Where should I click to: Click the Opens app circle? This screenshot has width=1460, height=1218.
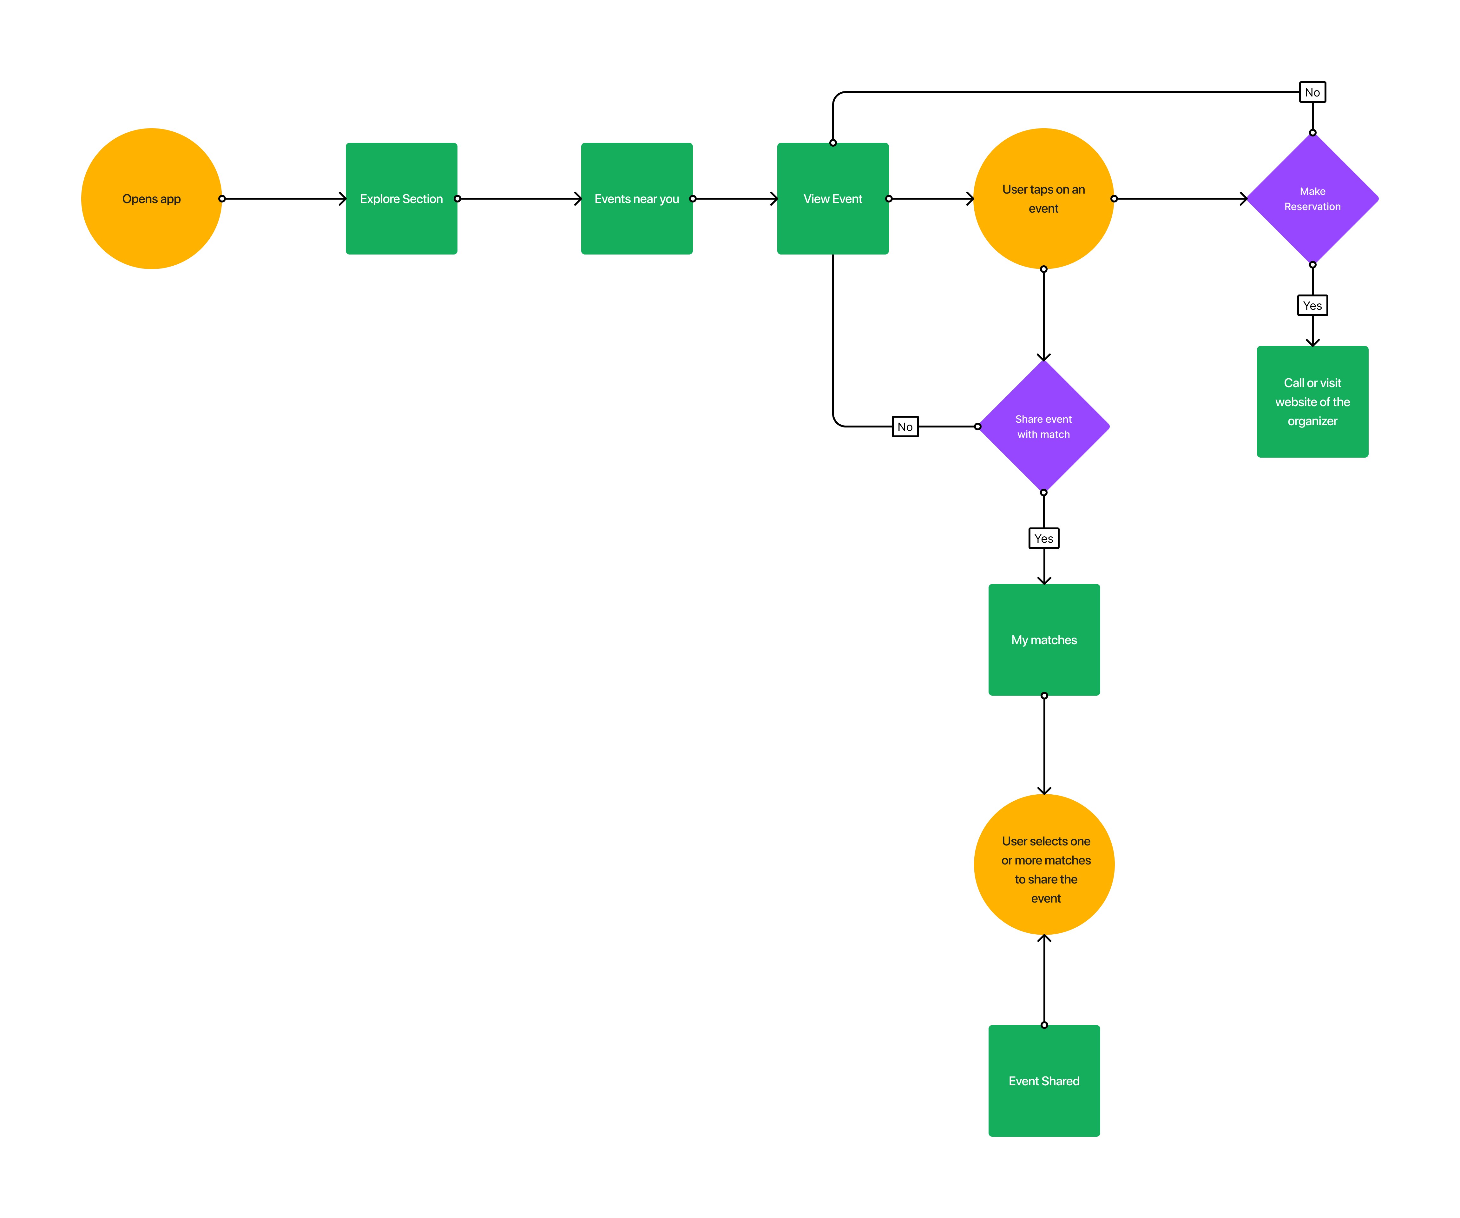click(152, 199)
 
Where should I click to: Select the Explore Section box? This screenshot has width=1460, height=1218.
click(401, 199)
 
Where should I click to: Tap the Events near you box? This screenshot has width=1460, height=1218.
click(637, 199)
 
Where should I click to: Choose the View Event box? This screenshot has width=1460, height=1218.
click(833, 199)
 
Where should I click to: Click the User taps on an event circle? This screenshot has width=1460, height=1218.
click(1043, 199)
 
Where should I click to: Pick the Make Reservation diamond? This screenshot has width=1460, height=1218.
click(1312, 199)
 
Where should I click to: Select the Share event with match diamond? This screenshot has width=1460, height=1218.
click(1043, 427)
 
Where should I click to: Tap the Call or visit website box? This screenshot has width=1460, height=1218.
click(1312, 402)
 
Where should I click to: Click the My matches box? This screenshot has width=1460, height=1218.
click(1044, 640)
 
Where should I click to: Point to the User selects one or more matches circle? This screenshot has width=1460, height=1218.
click(1044, 865)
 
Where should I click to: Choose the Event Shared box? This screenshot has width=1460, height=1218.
click(1044, 1081)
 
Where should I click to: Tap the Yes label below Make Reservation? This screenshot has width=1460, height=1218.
click(1312, 305)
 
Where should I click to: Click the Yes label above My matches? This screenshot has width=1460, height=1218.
click(1043, 539)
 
